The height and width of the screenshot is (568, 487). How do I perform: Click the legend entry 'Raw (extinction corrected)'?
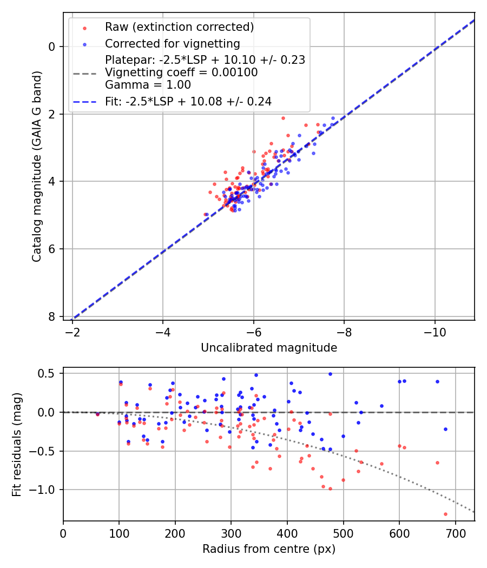pyautogui.click(x=179, y=27)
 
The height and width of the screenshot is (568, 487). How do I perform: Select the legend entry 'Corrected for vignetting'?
pyautogui.click(x=172, y=43)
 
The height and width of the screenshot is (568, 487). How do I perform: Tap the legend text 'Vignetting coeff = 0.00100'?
pyautogui.click(x=181, y=72)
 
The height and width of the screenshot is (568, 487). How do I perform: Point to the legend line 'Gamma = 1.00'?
pyautogui.click(x=148, y=85)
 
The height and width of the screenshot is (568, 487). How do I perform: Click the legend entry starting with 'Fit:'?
pyautogui.click(x=188, y=101)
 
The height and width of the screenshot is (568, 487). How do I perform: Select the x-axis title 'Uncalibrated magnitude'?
pyautogui.click(x=269, y=348)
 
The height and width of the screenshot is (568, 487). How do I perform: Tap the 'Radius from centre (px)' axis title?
pyautogui.click(x=269, y=549)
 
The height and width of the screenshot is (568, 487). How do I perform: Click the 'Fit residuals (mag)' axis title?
pyautogui.click(x=17, y=445)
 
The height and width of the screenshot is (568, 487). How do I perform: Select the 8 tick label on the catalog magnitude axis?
pyautogui.click(x=52, y=316)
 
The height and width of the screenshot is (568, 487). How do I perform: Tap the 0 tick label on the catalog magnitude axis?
pyautogui.click(x=52, y=47)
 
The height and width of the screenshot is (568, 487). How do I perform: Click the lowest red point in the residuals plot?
pyautogui.click(x=445, y=514)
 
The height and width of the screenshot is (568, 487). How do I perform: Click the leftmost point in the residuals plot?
pyautogui.click(x=97, y=414)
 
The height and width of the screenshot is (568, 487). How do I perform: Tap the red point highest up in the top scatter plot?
pyautogui.click(x=282, y=118)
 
